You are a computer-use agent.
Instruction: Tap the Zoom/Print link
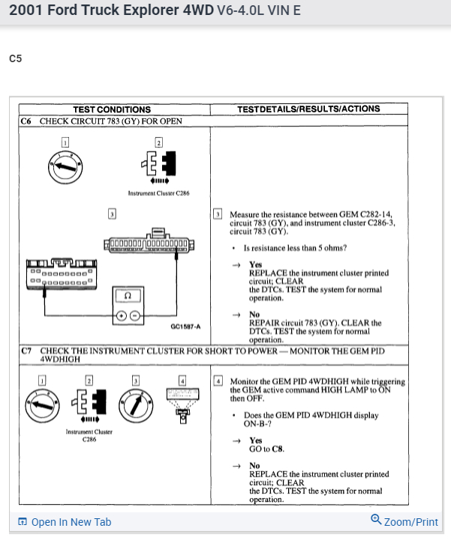(404, 522)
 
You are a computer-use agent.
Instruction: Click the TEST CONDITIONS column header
(112, 109)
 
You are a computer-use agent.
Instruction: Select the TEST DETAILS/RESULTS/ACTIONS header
(308, 109)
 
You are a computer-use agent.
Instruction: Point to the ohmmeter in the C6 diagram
(128, 305)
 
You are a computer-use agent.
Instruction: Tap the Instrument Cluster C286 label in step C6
(158, 193)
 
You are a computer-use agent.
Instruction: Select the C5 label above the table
(16, 58)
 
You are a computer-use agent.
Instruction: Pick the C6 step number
(28, 121)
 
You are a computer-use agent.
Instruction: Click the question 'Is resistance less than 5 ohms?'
(294, 248)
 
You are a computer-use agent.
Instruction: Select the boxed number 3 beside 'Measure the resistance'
(218, 213)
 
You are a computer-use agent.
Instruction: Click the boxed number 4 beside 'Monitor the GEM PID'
(218, 381)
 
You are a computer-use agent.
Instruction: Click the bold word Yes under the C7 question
(255, 440)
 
